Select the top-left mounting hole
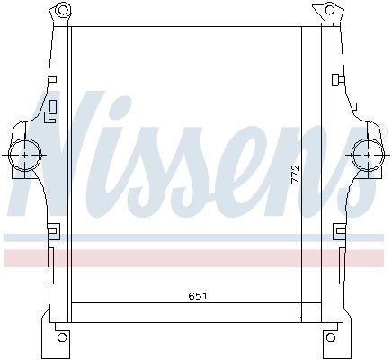click(x=61, y=13)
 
